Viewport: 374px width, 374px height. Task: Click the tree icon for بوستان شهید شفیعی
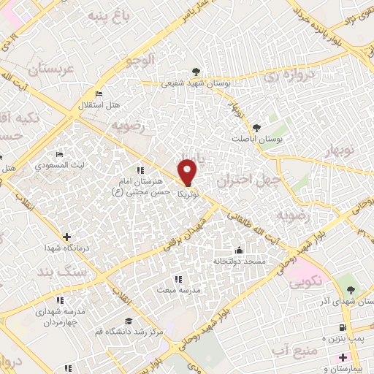click(195, 72)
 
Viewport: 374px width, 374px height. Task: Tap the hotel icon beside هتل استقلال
click(100, 94)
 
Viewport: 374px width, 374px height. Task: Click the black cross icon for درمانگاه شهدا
click(67, 237)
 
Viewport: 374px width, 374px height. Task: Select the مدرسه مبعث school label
click(176, 289)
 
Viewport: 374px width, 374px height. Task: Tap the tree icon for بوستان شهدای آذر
click(351, 281)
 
